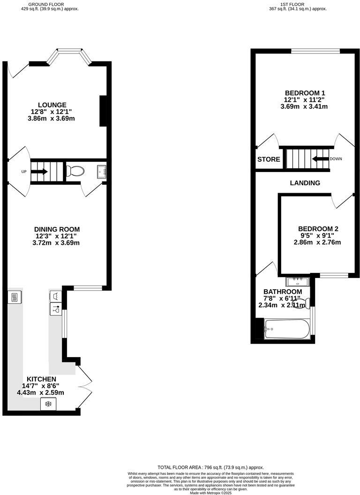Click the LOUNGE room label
[x=52, y=105]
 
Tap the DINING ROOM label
[x=56, y=229]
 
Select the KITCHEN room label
[x=41, y=379]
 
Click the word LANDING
[x=305, y=183]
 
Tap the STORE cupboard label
[x=269, y=159]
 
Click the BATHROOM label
[x=283, y=292]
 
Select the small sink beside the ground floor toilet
[x=102, y=172]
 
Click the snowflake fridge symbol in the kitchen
[x=48, y=404]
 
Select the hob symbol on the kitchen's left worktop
[x=14, y=297]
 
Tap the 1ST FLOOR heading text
[x=291, y=4]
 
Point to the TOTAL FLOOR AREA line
[x=210, y=467]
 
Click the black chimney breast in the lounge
[x=103, y=111]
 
